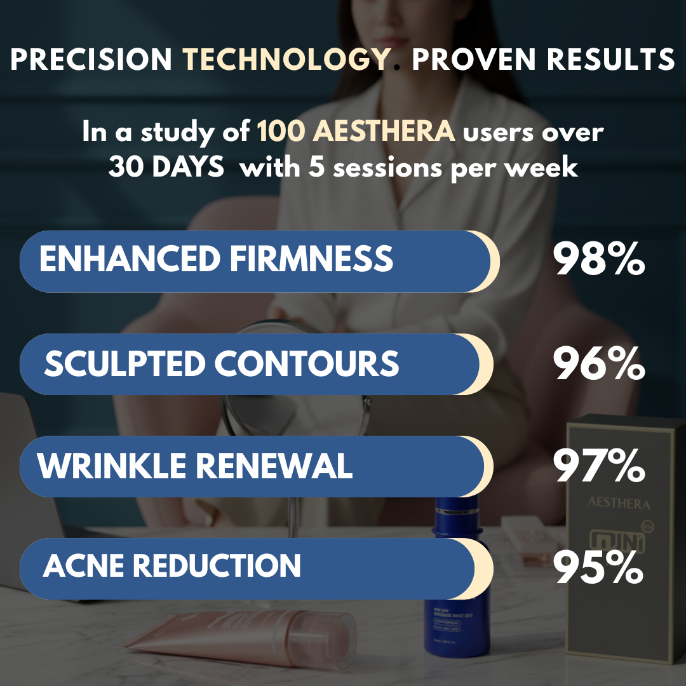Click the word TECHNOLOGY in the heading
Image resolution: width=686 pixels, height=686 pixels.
click(286, 60)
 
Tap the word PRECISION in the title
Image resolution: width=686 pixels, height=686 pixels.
click(91, 60)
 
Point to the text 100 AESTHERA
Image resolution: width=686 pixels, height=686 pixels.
click(356, 132)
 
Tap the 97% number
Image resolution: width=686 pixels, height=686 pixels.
click(599, 467)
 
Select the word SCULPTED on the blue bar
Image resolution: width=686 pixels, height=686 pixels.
click(124, 364)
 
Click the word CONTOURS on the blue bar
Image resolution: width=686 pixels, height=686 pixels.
click(307, 364)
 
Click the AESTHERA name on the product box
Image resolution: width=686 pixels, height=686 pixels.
click(619, 504)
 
